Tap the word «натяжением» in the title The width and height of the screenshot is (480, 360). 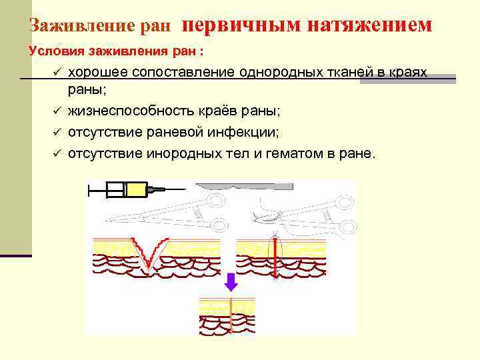[x=370, y=25]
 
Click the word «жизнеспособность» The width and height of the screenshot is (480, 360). [x=125, y=110]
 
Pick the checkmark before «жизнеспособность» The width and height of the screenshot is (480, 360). [x=58, y=110]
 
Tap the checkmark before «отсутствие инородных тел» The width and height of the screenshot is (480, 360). [x=58, y=154]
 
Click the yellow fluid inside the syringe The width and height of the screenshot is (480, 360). [x=137, y=190]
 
